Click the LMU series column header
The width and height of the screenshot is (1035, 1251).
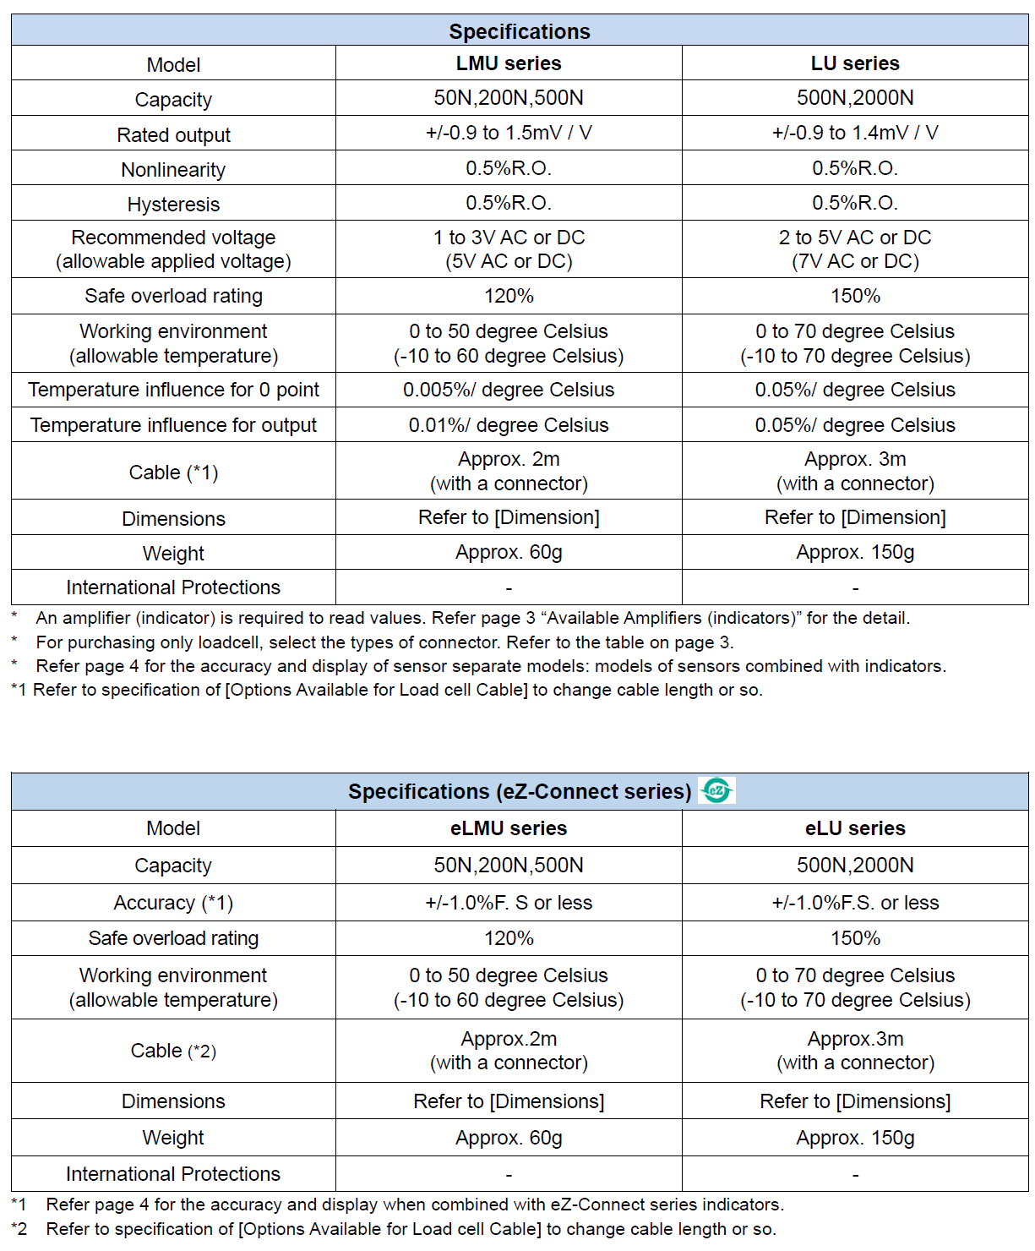[509, 63]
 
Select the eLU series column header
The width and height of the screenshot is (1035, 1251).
[855, 828]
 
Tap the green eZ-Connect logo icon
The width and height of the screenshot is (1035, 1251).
[717, 790]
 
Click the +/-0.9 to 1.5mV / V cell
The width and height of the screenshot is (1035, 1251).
[509, 133]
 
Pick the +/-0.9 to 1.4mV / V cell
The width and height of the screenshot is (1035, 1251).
[855, 133]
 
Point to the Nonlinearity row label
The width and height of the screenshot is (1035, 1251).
[173, 170]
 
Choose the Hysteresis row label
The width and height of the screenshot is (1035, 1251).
[173, 205]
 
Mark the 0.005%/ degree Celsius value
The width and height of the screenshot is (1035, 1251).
[509, 390]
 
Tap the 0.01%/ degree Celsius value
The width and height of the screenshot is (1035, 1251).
[509, 425]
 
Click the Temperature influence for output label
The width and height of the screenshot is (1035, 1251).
[173, 425]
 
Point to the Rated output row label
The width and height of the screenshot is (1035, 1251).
[173, 135]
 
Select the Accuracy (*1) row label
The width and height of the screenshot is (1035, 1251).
[173, 903]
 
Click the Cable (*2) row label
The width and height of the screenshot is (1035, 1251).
[173, 1051]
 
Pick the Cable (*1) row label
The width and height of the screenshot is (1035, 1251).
[173, 473]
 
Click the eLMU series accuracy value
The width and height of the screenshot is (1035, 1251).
[509, 903]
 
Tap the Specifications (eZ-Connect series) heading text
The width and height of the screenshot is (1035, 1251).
[520, 792]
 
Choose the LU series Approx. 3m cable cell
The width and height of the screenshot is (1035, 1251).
[855, 472]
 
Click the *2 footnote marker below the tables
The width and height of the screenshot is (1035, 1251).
[19, 1229]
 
